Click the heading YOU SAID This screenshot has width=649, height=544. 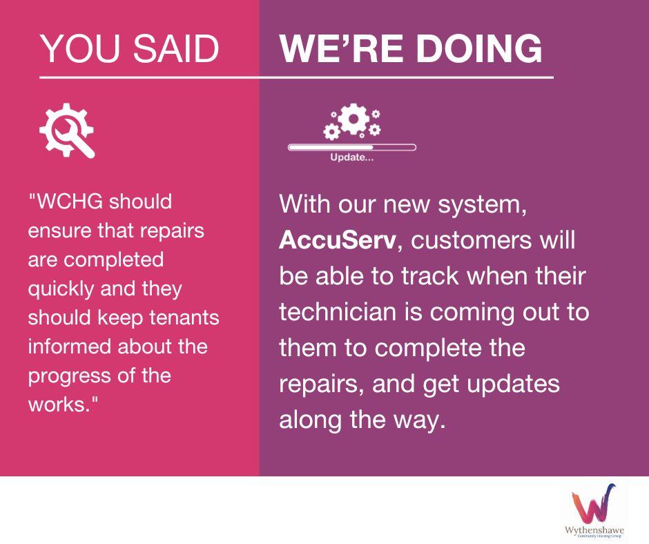[x=129, y=48]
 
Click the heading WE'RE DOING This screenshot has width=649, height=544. [x=411, y=48]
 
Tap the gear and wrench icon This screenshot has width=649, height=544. [x=67, y=130]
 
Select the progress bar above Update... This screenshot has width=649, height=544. [x=352, y=147]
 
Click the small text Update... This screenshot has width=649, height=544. [x=352, y=157]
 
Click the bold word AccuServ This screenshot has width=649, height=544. [x=338, y=240]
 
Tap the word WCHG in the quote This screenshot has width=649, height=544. [x=70, y=202]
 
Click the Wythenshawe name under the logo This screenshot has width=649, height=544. [x=594, y=530]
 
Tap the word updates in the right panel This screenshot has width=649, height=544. [x=513, y=385]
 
